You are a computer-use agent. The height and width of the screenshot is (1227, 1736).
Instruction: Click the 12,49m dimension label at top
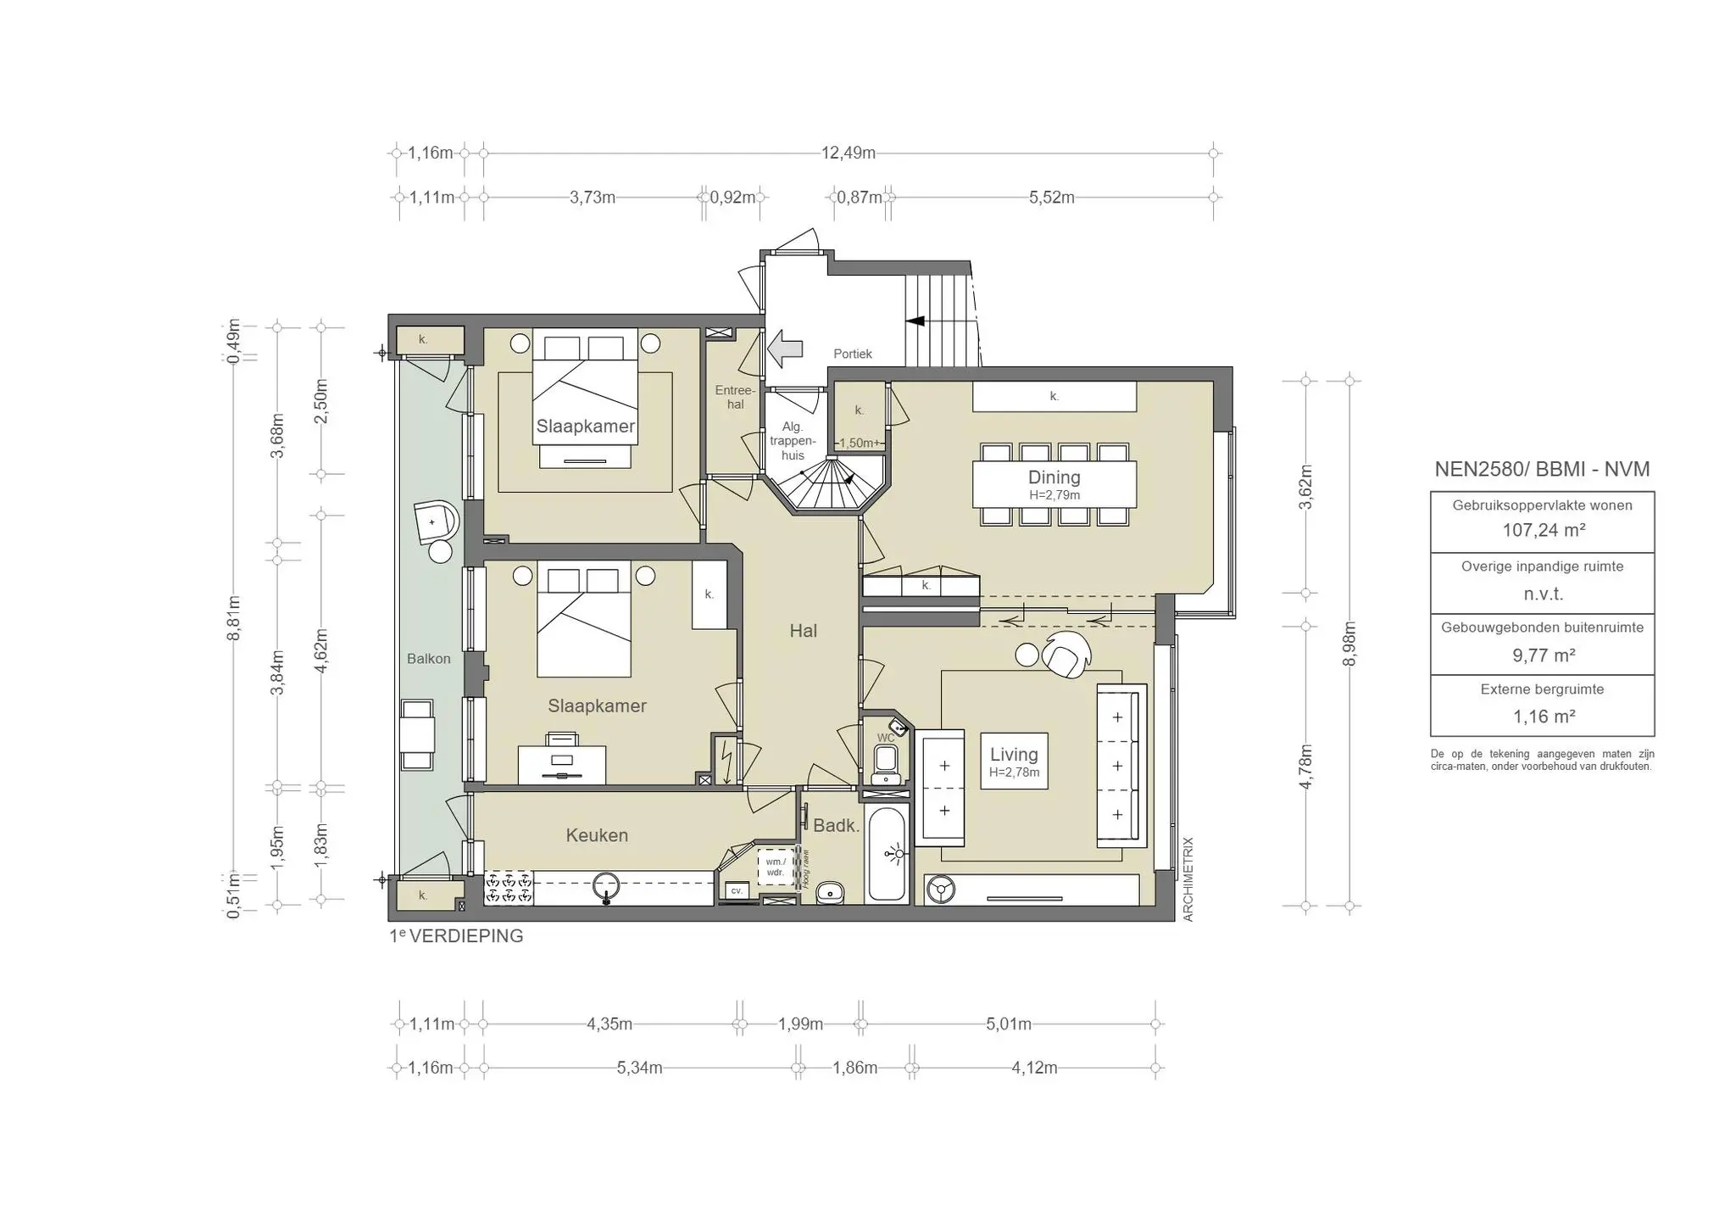848,153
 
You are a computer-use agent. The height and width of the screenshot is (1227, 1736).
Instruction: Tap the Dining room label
1054,477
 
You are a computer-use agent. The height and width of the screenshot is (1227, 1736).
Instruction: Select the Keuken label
597,835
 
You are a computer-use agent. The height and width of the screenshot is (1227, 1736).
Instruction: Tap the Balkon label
428,659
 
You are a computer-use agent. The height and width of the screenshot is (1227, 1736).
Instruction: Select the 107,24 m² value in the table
1543,531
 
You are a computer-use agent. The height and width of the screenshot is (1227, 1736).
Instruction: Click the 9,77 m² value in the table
1543,655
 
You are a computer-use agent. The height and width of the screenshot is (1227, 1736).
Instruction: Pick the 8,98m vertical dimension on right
1350,644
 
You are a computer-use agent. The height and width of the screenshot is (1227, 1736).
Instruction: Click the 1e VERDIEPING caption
456,936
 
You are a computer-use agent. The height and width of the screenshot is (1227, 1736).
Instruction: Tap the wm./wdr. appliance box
775,867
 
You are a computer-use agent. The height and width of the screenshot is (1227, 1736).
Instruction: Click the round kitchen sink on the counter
605,887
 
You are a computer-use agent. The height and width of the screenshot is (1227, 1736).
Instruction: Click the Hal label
803,631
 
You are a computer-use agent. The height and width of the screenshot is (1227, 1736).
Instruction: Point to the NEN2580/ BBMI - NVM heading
1542,470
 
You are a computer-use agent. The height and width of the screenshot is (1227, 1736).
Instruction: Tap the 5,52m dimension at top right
1051,198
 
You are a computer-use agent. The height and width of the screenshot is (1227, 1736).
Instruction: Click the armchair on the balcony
436,521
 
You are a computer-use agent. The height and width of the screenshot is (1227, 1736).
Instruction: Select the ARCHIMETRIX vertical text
1188,879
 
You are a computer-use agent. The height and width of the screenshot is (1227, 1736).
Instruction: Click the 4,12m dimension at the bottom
1034,1068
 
